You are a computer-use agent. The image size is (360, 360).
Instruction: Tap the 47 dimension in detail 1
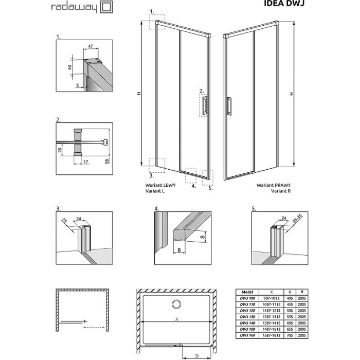[x=91, y=47]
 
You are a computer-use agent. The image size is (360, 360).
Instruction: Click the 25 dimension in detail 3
[x=64, y=221]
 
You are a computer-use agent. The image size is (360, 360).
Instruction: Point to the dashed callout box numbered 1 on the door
[x=157, y=22]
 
